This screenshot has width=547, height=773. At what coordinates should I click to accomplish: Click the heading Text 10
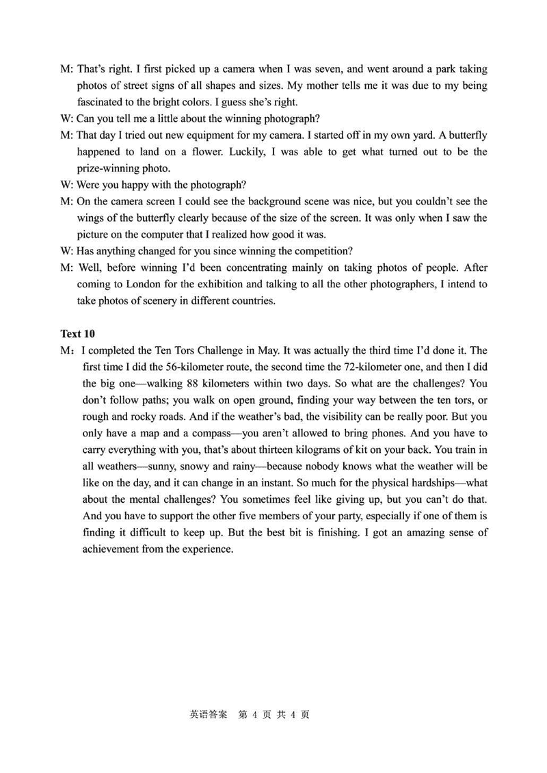coord(77,334)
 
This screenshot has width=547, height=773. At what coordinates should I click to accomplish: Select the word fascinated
coord(102,103)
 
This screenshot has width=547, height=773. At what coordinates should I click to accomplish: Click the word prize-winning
coord(108,168)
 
